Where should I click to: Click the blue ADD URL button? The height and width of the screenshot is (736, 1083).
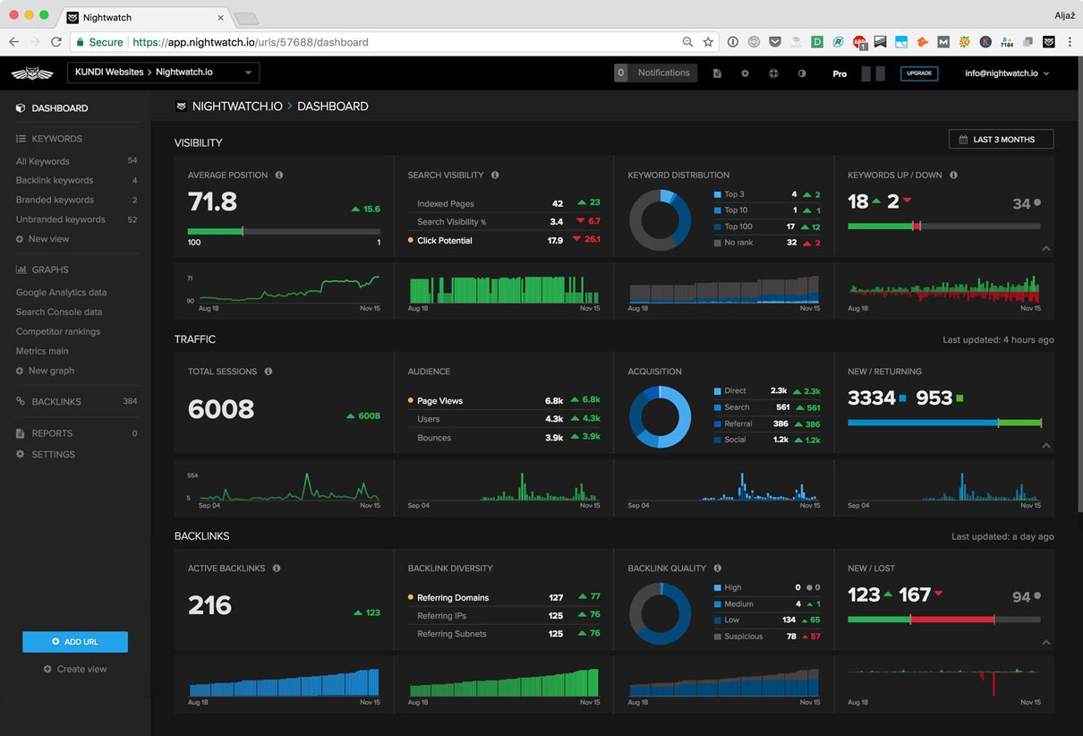pos(75,642)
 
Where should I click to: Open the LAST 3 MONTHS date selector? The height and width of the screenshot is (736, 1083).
pos(1001,140)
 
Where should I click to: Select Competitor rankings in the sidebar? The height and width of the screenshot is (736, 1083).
pos(58,331)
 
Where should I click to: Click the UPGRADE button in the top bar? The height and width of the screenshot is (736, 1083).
pos(919,73)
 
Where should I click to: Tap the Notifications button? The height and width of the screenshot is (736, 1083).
pos(655,73)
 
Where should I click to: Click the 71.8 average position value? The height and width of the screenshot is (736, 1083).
pos(212,201)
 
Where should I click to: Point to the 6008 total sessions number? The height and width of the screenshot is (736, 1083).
pos(221,409)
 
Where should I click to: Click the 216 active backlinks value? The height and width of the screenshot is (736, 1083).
pos(210,605)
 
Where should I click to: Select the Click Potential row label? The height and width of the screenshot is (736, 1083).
pos(444,241)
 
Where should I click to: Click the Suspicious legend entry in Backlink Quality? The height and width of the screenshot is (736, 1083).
pos(743,637)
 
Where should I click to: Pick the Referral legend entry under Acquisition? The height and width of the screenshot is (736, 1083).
pos(738,424)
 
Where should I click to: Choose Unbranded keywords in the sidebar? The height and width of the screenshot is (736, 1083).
pos(60,219)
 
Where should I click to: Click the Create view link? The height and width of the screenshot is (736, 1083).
pos(81,669)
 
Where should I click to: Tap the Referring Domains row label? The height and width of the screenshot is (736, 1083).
pos(453,598)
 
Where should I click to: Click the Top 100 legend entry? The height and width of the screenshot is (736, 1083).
pos(738,227)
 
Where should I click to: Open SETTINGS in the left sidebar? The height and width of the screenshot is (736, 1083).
pos(53,455)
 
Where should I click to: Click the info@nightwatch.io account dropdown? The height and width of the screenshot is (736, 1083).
pos(1006,73)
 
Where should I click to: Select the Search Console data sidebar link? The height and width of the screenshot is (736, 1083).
pos(59,312)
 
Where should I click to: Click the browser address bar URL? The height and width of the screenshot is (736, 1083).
pos(251,42)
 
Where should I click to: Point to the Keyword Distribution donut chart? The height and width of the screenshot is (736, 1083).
pos(660,219)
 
